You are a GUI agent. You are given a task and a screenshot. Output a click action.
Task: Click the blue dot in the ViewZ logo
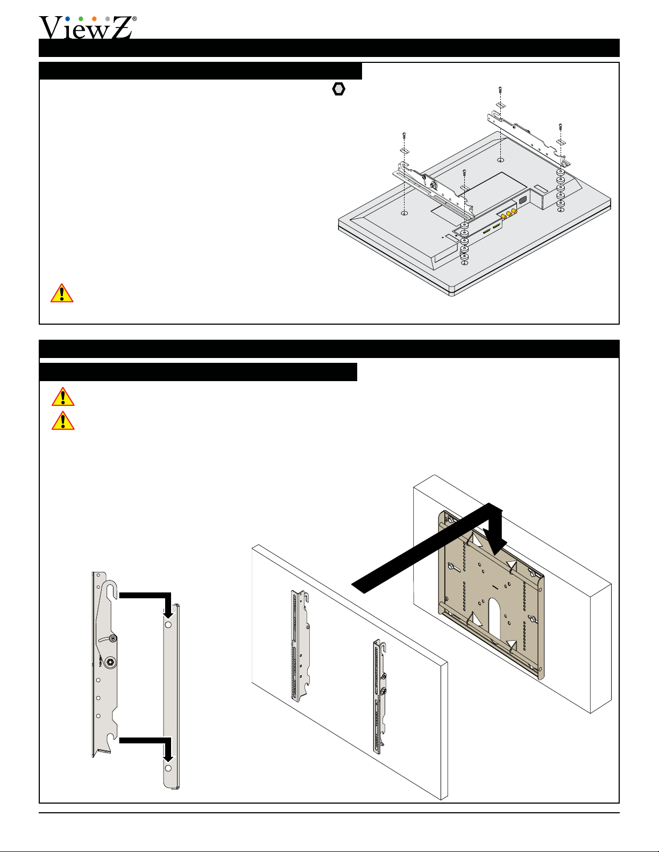67,19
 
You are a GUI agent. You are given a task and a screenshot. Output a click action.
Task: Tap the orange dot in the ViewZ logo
94,19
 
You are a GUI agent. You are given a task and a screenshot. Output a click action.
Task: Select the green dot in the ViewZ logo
81,19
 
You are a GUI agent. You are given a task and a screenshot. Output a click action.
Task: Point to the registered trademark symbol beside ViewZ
134,19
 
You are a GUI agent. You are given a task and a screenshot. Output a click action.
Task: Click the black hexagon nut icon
338,89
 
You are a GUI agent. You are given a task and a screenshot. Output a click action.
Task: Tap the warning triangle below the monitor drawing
62,293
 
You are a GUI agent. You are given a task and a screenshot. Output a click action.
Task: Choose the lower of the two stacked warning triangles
63,420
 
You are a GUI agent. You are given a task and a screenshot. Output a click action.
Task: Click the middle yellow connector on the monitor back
509,214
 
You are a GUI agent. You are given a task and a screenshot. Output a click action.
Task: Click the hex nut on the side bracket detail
110,662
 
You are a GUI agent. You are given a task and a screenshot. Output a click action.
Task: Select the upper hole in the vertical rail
168,625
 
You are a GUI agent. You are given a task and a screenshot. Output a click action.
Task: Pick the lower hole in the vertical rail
168,768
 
